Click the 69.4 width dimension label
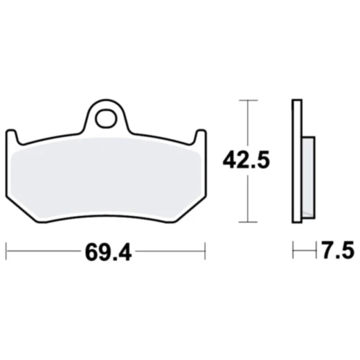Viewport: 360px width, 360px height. click(109, 251)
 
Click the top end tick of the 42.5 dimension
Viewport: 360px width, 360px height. click(248, 100)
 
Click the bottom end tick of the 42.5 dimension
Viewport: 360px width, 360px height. click(248, 222)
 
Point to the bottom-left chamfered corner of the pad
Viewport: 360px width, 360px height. click(28, 215)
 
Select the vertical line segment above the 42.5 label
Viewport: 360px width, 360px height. click(248, 125)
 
